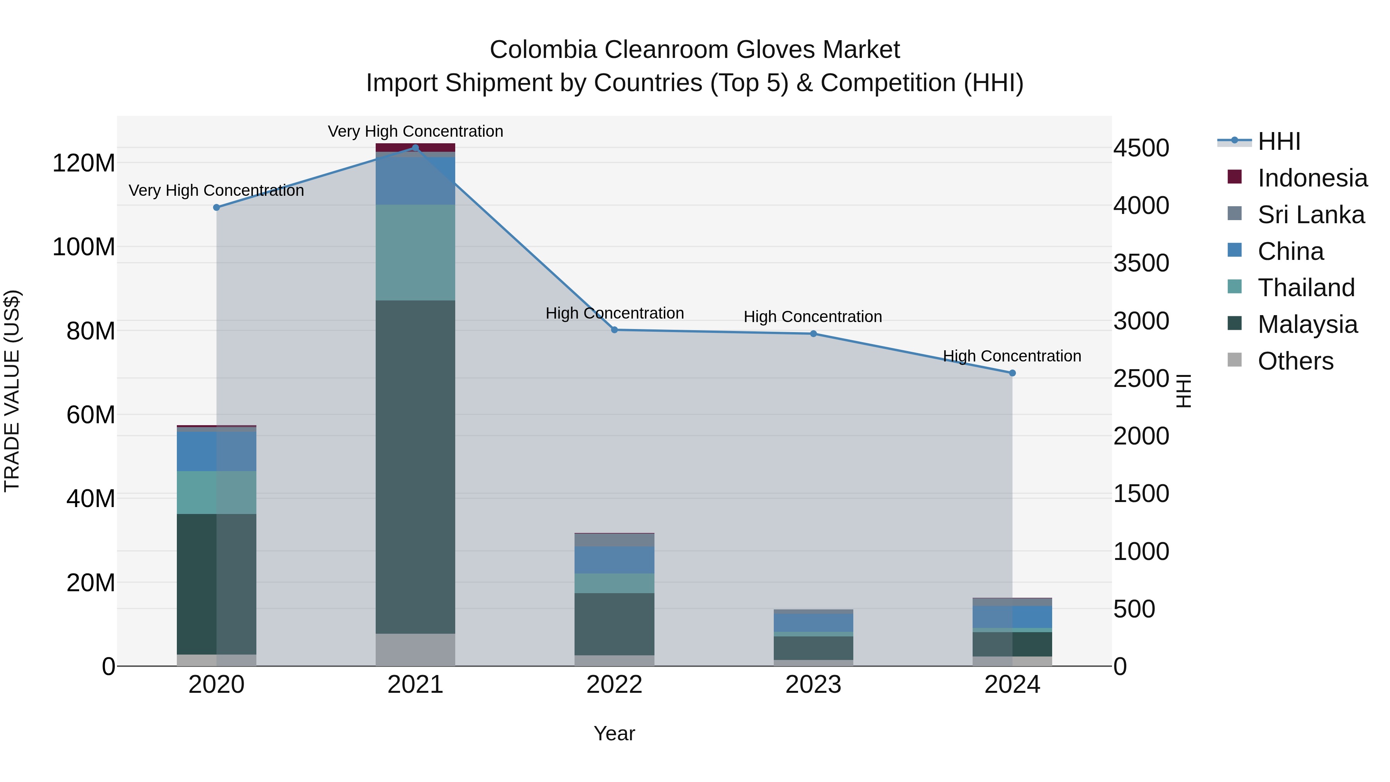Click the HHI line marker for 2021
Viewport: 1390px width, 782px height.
coord(415,148)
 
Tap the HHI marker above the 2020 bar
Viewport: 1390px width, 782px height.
coord(216,207)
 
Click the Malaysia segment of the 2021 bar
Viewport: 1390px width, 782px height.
coord(415,467)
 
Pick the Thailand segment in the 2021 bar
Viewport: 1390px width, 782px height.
coord(415,253)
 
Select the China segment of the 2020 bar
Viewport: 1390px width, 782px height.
coord(216,451)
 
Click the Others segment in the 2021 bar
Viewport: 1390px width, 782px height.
coord(415,650)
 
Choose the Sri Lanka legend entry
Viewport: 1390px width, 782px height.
coord(1311,215)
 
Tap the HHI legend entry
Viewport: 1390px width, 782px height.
coord(1278,141)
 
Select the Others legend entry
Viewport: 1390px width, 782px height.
coord(1295,361)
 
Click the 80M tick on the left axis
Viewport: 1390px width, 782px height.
coord(91,331)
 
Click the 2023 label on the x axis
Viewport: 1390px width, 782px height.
coord(813,685)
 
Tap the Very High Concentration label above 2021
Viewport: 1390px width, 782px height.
coord(415,131)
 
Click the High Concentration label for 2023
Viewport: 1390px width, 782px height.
coord(813,317)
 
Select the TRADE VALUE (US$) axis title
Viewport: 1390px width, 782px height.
coord(12,391)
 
